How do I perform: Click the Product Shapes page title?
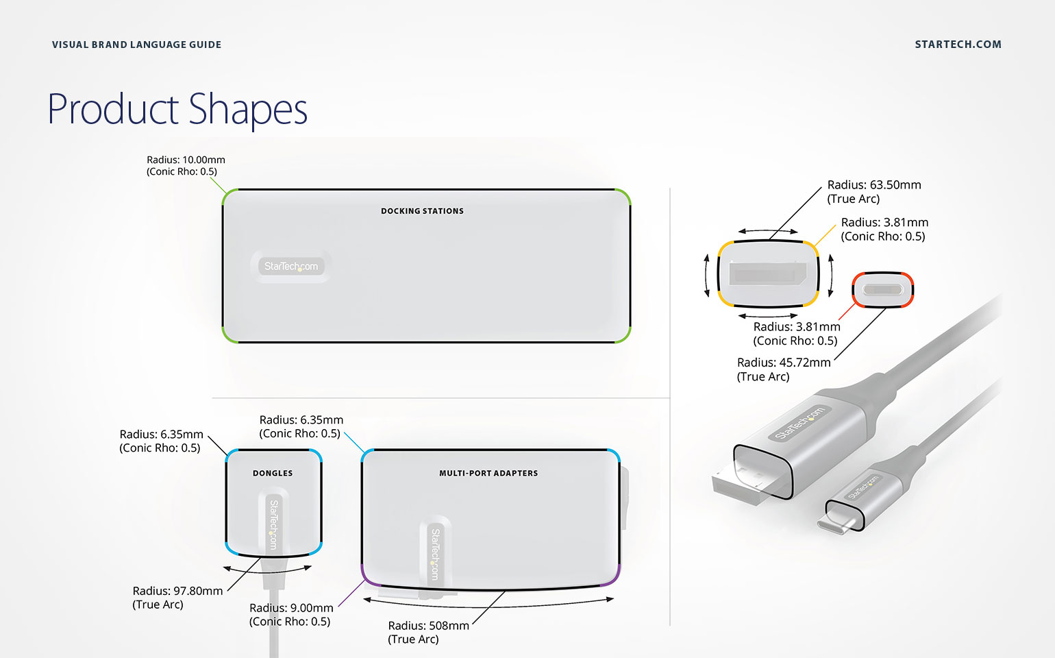click(177, 110)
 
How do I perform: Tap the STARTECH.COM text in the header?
click(958, 45)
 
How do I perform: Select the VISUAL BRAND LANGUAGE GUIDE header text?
click(136, 45)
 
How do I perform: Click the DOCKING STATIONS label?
click(422, 211)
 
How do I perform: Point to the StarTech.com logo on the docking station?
click(291, 266)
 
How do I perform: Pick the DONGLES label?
click(273, 473)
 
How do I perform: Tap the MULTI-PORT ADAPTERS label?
click(488, 473)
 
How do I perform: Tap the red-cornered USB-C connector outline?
click(882, 289)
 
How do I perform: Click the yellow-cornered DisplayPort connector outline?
click(768, 273)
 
